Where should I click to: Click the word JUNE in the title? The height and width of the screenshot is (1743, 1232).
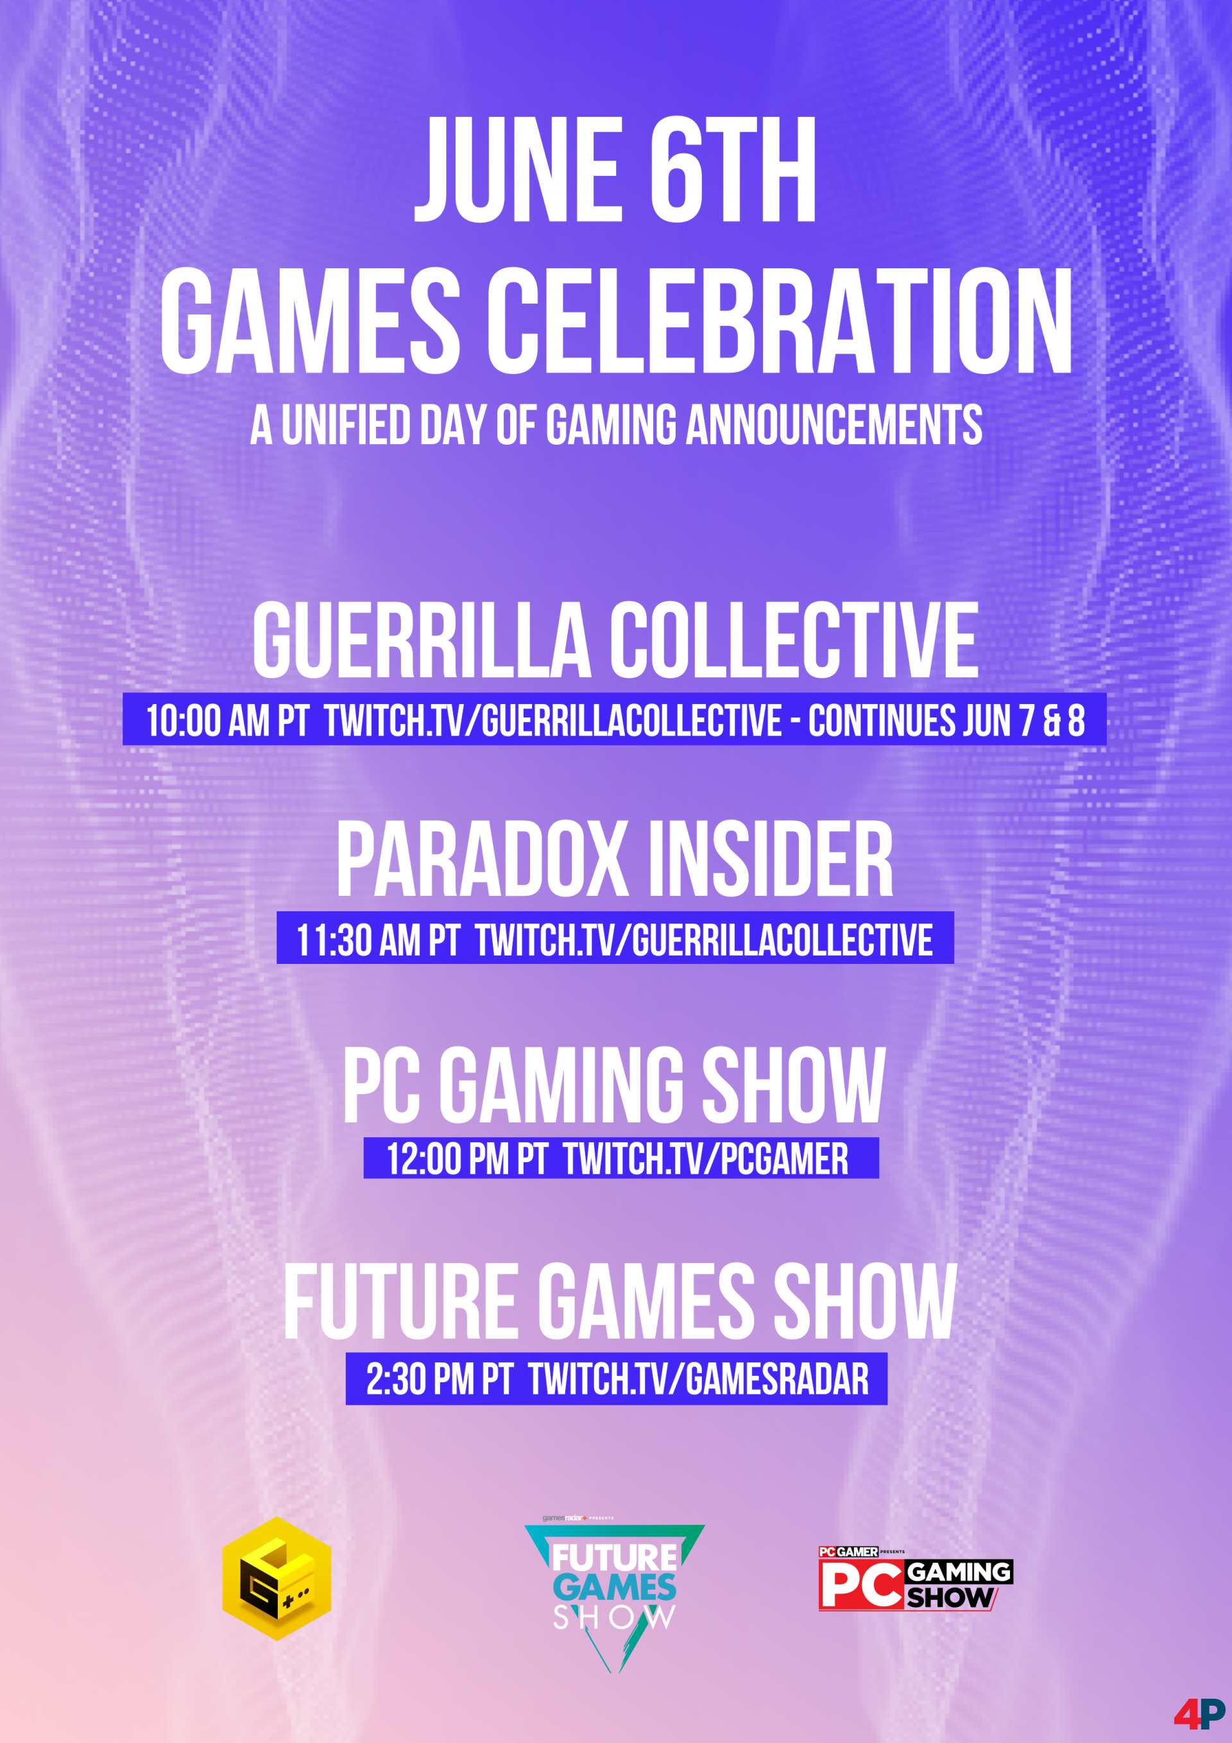click(x=516, y=170)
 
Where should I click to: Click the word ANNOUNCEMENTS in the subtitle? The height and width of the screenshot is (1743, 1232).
click(x=834, y=424)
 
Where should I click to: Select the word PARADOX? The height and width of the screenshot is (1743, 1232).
click(x=482, y=859)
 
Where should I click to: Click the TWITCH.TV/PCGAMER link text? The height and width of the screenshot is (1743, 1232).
click(x=706, y=1158)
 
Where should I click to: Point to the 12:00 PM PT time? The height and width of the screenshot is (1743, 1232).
click(x=467, y=1158)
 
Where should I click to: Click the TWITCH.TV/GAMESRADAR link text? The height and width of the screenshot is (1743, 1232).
click(x=698, y=1379)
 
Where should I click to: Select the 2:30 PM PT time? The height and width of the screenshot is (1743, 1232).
click(x=440, y=1379)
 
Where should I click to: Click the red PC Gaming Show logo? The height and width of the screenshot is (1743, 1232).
click(x=916, y=1578)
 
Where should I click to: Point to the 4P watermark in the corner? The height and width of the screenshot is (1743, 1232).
click(x=1199, y=1713)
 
